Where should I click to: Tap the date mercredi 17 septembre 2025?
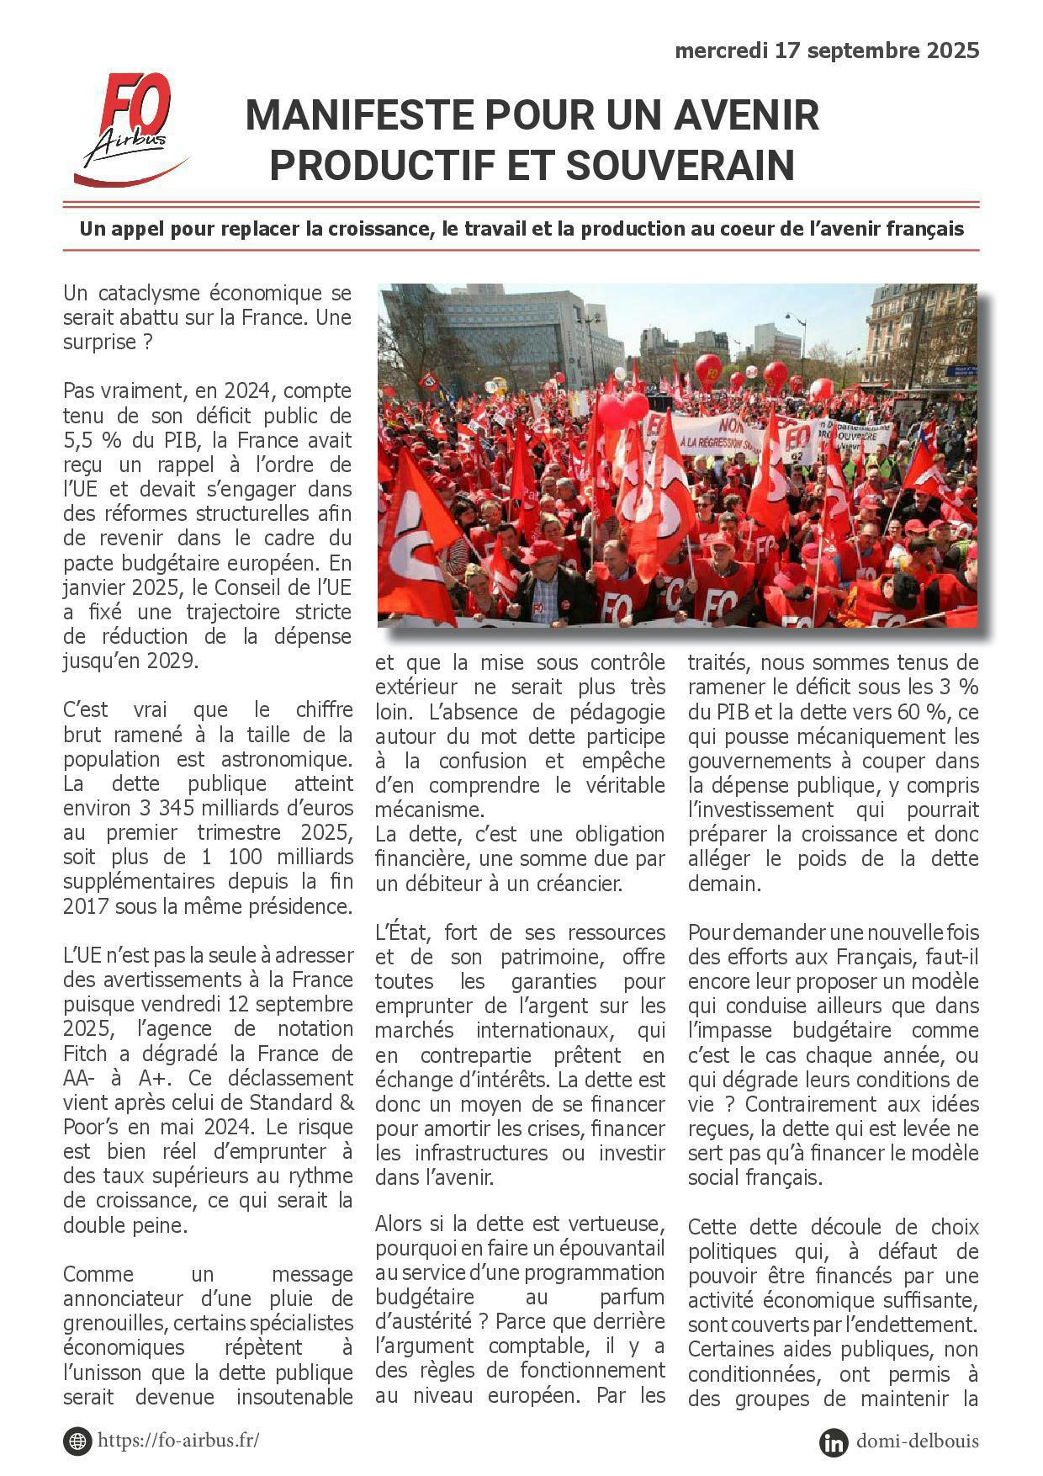pyautogui.click(x=827, y=51)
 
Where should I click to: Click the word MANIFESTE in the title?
pyautogui.click(x=357, y=115)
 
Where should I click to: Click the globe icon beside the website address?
pyautogui.click(x=77, y=1441)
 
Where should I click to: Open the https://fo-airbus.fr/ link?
pyautogui.click(x=178, y=1440)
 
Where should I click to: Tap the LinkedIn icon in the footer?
pyautogui.click(x=834, y=1441)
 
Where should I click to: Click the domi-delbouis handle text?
pyautogui.click(x=917, y=1441)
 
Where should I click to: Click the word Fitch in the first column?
pyautogui.click(x=86, y=1054)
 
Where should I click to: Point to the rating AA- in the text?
pyautogui.click(x=79, y=1078)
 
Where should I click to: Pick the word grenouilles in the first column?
pyautogui.click(x=112, y=1323)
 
